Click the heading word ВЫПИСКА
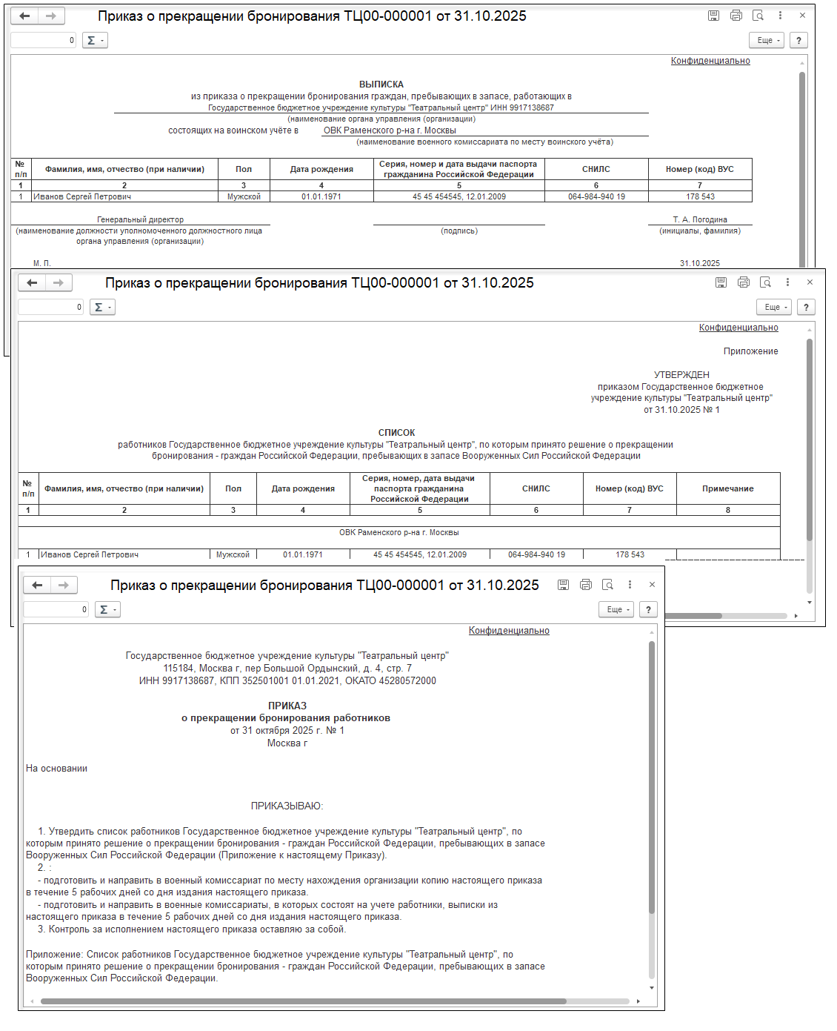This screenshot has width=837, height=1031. pos(381,84)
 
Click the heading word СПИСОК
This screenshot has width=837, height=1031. pos(396,433)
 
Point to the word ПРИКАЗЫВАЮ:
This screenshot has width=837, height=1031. pos(287,806)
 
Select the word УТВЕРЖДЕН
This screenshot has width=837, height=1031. pos(681,375)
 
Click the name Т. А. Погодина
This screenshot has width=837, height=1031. pos(700,219)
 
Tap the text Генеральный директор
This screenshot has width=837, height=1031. pos(140,219)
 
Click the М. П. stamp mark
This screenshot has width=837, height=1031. pos(42,263)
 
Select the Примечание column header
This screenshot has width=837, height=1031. pos(727,488)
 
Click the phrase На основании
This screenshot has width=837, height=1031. pos(56,769)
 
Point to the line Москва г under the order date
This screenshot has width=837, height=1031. pos(287,743)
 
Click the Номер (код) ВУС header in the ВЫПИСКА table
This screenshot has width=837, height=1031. pos(699,169)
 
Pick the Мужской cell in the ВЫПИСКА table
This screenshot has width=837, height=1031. pos(244,196)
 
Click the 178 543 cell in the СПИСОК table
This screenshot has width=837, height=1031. pos(630,554)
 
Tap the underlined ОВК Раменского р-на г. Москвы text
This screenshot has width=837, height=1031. pos(390,130)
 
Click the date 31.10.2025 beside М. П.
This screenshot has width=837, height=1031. pos(699,263)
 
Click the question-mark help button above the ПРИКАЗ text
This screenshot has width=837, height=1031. pos(648,609)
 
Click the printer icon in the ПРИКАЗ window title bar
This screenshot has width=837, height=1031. pos(586,585)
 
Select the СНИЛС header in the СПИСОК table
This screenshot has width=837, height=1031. pos(536,488)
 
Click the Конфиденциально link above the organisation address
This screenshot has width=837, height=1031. pos(509,631)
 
